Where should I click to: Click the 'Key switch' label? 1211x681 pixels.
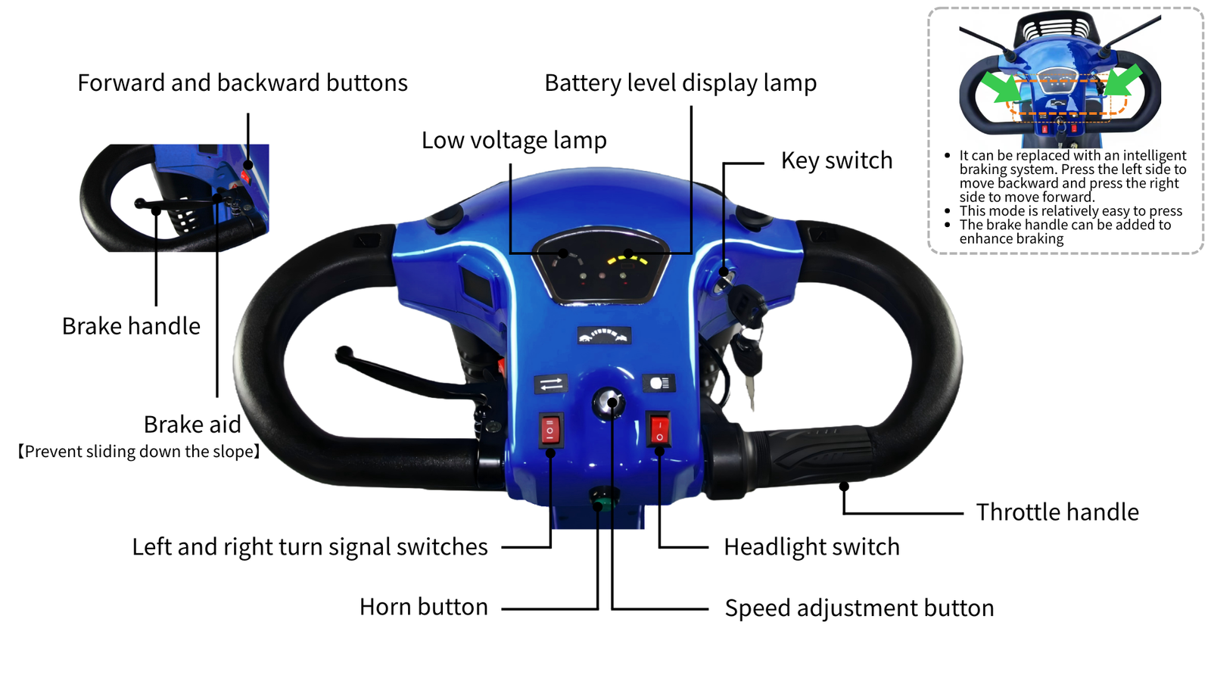(x=836, y=160)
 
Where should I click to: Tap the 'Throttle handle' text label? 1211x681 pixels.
(x=1057, y=512)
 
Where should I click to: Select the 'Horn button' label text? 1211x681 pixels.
(x=423, y=607)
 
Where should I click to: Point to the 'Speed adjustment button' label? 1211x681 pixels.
(x=859, y=608)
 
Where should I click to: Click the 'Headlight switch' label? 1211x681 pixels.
(x=811, y=547)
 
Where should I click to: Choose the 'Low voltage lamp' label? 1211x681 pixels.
(x=514, y=141)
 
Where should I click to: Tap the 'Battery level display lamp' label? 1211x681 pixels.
(x=680, y=83)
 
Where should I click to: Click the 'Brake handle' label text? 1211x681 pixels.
(x=131, y=326)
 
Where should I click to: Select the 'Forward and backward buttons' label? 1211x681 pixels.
(x=242, y=82)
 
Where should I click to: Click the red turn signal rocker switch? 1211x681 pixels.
(x=550, y=431)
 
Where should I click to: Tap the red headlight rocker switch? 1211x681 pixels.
(x=659, y=430)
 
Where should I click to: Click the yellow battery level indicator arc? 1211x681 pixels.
(x=627, y=258)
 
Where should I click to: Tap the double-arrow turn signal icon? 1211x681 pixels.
(x=551, y=384)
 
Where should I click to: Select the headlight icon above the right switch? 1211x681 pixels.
(x=659, y=383)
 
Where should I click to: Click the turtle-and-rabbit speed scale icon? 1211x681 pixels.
(x=604, y=336)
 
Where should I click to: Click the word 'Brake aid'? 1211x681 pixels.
(x=192, y=424)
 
